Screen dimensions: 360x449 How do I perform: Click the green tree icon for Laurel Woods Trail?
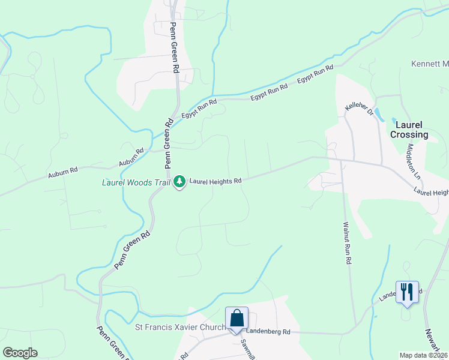[179, 181]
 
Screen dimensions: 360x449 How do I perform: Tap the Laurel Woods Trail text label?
[137, 181]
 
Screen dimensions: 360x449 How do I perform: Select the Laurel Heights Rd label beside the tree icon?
[215, 181]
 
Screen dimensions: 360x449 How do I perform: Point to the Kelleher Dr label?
[359, 109]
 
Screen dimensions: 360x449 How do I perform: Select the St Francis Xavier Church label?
[181, 327]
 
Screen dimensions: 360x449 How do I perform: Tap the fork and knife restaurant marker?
[408, 292]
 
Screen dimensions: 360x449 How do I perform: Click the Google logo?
[20, 353]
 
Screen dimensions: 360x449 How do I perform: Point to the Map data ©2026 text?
[424, 355]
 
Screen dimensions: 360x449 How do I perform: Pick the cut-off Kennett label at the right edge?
[430, 64]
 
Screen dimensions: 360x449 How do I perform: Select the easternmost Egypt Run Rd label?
[315, 74]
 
